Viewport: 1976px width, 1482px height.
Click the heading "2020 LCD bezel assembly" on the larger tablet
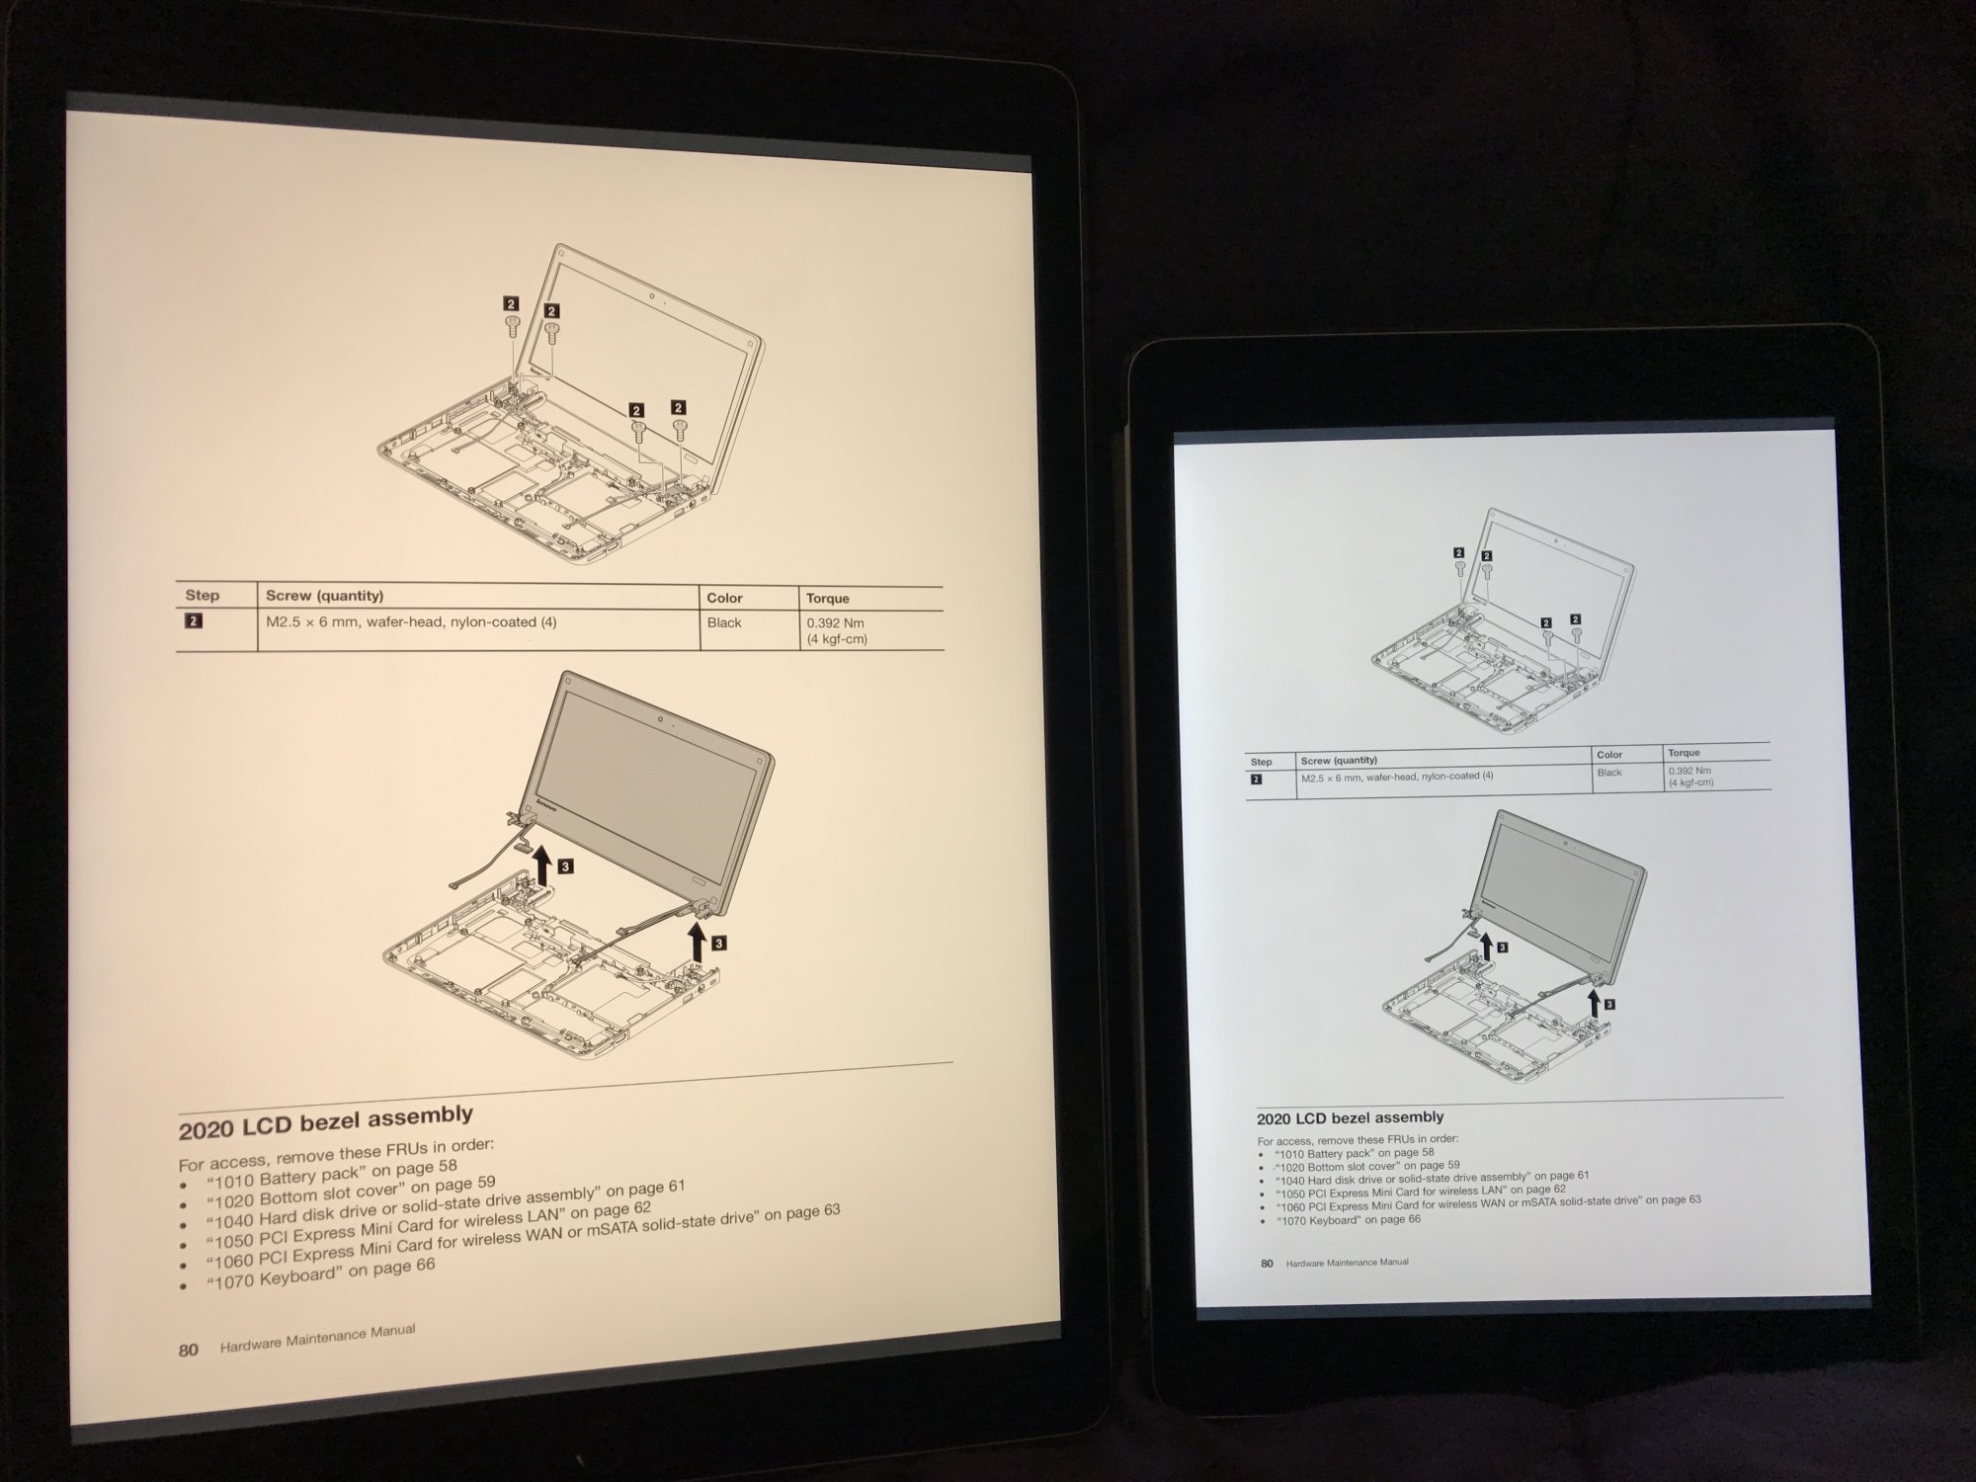326,1122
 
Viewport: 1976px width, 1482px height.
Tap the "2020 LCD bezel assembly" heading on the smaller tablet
1350,1118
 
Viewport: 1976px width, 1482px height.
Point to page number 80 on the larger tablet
189,1351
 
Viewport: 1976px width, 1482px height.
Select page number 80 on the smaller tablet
1267,1264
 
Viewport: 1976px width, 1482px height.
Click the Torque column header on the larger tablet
827,599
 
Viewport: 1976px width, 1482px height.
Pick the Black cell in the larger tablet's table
724,622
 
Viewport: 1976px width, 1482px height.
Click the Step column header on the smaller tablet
1261,762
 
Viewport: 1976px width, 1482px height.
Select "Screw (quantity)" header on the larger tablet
324,596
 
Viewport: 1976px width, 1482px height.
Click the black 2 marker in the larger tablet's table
194,621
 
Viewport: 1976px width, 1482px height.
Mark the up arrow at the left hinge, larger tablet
541,869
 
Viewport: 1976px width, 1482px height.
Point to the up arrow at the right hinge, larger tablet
698,942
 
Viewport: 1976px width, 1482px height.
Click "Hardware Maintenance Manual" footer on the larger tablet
317,1339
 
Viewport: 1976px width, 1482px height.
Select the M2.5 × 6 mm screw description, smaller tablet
1397,778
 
